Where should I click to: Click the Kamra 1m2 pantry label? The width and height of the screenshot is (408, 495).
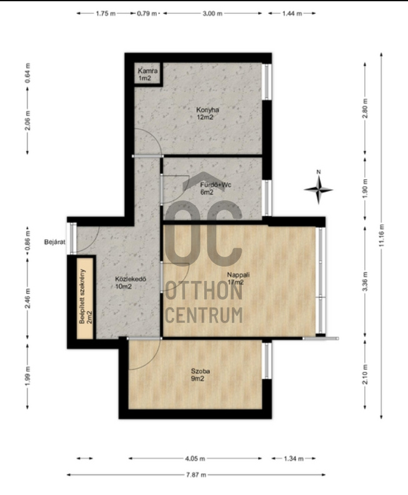147,74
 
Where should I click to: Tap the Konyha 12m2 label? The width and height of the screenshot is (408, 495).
207,114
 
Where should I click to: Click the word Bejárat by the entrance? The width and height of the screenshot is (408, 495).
55,242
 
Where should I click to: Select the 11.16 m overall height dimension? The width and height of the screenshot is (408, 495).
382,235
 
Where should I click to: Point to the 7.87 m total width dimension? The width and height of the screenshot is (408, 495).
196,474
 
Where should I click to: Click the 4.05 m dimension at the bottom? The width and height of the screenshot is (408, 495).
195,458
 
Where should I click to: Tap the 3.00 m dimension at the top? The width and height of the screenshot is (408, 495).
212,14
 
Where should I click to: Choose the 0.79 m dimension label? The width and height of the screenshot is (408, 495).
147,14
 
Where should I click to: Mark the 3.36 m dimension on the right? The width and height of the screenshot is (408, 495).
366,282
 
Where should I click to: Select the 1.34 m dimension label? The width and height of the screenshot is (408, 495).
294,458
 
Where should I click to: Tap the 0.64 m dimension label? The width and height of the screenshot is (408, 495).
28,73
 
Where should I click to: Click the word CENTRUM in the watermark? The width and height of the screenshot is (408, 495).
204,315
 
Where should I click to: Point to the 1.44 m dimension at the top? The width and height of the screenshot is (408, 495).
292,14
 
